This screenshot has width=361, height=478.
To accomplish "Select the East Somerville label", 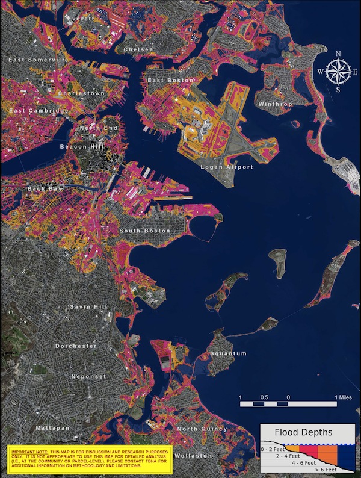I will [x=38, y=60].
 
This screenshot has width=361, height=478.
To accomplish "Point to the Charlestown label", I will [x=81, y=93].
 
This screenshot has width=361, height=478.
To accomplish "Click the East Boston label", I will [x=171, y=80].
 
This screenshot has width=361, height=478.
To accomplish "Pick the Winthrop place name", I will [x=275, y=104].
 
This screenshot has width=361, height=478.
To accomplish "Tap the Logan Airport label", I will [x=227, y=167].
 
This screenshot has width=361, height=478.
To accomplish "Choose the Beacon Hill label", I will [x=82, y=146].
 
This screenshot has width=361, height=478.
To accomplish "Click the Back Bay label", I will [x=45, y=189].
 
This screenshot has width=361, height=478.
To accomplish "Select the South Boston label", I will [x=144, y=231].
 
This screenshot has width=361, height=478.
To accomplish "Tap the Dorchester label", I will [x=76, y=346].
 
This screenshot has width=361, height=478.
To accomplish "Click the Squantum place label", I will [x=228, y=353].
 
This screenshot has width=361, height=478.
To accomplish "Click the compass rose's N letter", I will [x=338, y=54].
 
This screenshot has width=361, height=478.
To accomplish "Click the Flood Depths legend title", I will [x=303, y=432].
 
